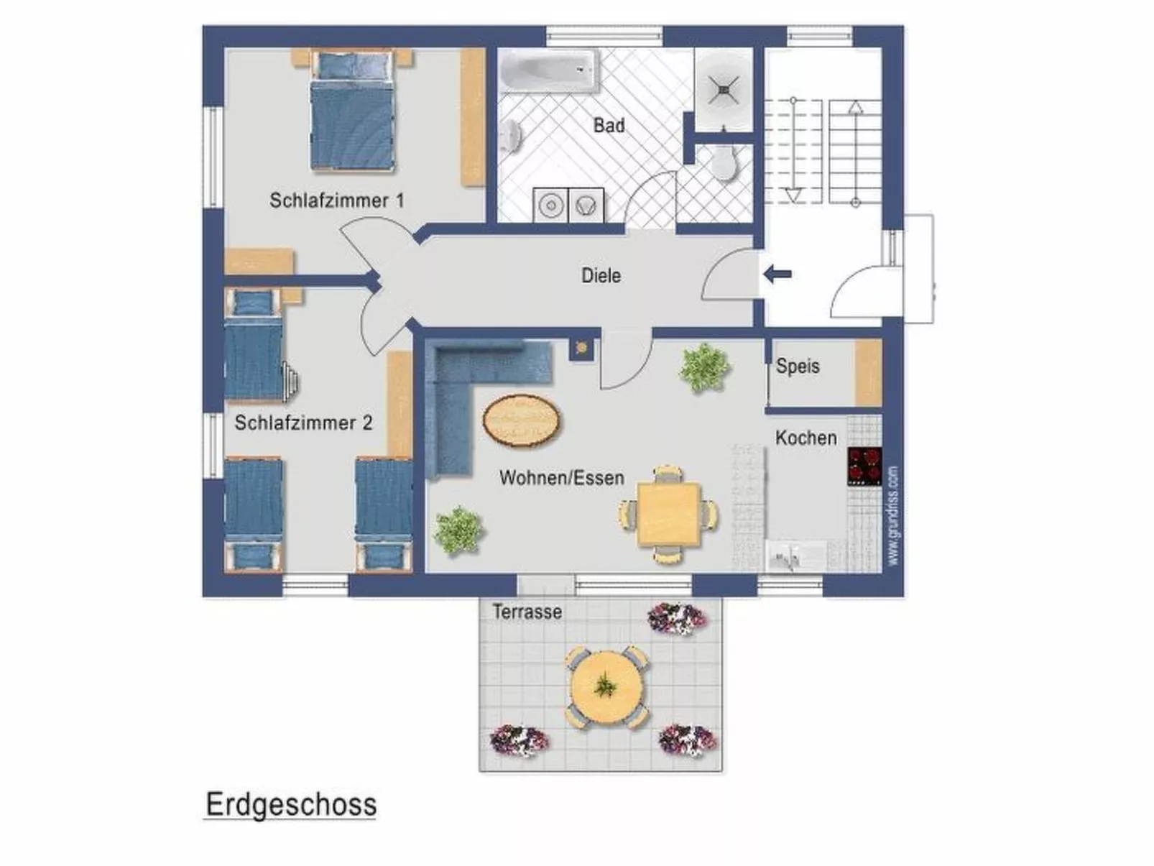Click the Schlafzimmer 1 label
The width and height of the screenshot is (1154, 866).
[x=336, y=201]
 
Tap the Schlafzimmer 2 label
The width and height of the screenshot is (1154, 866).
[x=303, y=423]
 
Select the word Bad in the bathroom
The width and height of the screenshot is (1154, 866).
[x=609, y=126]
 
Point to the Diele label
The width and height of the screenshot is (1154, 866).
[x=601, y=275]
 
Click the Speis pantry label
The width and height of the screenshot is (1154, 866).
[x=797, y=366]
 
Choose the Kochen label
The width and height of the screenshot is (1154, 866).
[x=806, y=438]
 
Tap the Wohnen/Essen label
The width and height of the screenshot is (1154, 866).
[x=561, y=478]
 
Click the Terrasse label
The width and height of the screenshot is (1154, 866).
[x=527, y=612]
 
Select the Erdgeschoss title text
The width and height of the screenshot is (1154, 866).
[x=291, y=804]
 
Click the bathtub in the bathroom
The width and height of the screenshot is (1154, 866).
[x=549, y=70]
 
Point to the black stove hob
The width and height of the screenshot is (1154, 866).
[x=864, y=466]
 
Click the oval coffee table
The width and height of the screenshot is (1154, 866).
[x=522, y=422]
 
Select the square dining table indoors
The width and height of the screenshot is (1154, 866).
[x=668, y=514]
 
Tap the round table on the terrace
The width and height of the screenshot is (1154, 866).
[x=606, y=688]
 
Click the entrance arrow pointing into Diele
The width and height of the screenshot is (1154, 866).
[x=777, y=274]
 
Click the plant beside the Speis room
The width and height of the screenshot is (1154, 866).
[x=703, y=367]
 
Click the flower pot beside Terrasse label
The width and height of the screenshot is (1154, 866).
[x=677, y=618]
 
